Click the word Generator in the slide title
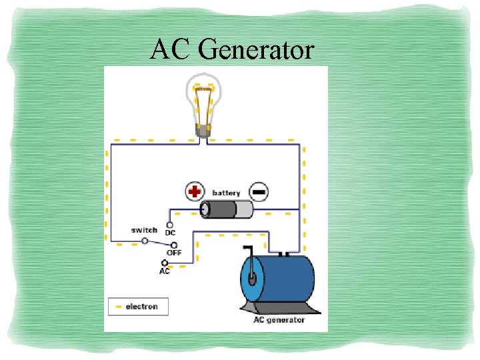coord(256,49)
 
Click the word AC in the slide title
coord(171,49)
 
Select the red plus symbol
coord(194,192)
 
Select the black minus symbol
coord(259,192)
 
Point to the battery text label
coord(226,193)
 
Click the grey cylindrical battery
coord(227,210)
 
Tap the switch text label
coord(144,230)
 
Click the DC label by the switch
coord(170,233)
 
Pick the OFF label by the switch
coord(173,253)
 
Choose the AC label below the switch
coord(165,271)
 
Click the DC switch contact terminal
coord(169,225)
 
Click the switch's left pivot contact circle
coord(145,241)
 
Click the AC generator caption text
coord(279,320)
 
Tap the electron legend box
coord(138,307)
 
